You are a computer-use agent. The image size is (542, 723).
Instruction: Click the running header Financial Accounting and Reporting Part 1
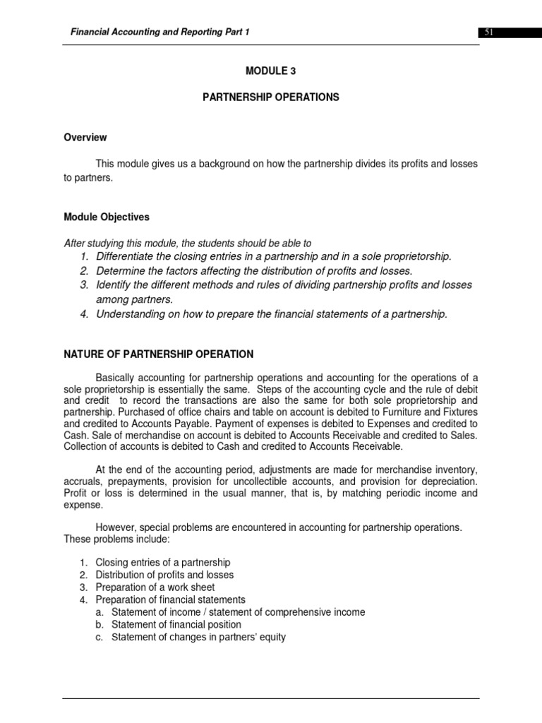pyautogui.click(x=159, y=32)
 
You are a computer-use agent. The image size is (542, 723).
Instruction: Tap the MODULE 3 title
pyautogui.click(x=270, y=71)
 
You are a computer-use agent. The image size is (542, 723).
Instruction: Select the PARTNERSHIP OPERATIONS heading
pyautogui.click(x=271, y=97)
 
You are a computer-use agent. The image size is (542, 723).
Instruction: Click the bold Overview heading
pyautogui.click(x=85, y=138)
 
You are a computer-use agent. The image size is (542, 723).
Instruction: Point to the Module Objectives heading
pyautogui.click(x=107, y=217)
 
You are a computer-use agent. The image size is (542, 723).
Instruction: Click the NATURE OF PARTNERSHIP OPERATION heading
pyautogui.click(x=159, y=354)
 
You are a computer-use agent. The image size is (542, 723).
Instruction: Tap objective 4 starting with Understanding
pyautogui.click(x=272, y=314)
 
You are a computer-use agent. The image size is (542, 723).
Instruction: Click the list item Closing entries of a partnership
pyautogui.click(x=163, y=562)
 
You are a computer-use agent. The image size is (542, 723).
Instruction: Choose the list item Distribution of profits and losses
pyautogui.click(x=164, y=575)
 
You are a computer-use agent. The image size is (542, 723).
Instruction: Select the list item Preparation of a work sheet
pyautogui.click(x=155, y=587)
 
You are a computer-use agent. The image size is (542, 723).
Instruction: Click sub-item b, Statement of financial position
pyautogui.click(x=176, y=625)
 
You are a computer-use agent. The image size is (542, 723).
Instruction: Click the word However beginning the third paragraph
pyautogui.click(x=116, y=527)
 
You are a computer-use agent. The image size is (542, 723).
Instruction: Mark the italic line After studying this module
pyautogui.click(x=188, y=243)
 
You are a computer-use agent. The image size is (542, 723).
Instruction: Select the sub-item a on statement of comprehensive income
pyautogui.click(x=238, y=612)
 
